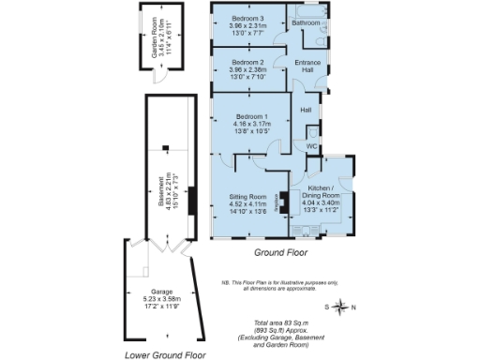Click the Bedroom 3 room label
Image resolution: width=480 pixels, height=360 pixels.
[248, 19]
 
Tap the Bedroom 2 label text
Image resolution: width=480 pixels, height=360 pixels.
[248, 62]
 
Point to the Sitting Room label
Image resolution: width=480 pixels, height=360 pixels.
[248, 197]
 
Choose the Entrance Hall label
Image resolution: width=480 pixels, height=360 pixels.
[308, 67]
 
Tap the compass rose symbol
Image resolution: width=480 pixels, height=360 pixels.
[343, 307]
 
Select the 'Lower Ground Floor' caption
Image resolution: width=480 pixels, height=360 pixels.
[165, 355]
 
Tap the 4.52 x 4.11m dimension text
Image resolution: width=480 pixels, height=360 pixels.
[248, 204]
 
